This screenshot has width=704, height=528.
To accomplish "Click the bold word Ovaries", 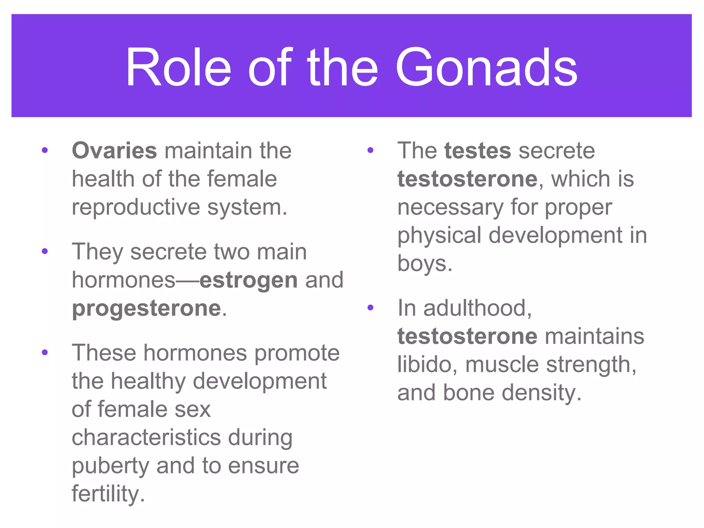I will coord(114,151).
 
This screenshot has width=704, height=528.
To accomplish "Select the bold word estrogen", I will coord(249,280).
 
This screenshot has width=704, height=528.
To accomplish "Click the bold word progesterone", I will coord(146,308).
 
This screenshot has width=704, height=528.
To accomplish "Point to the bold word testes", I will coord(478,151).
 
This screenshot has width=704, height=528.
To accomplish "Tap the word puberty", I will coord(110,466).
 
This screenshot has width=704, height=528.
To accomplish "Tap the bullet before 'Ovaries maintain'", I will coord(45,150).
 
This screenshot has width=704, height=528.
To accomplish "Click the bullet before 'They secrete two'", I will coord(45,252).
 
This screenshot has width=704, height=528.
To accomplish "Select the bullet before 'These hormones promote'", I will coord(45,353).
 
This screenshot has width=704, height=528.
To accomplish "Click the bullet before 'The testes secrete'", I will coord(370,150).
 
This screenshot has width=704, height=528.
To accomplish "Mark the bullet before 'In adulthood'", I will coord(370,307).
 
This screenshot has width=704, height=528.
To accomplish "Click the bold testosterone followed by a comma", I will coord(467,179).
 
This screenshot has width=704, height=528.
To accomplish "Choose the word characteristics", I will coord(146,438).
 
